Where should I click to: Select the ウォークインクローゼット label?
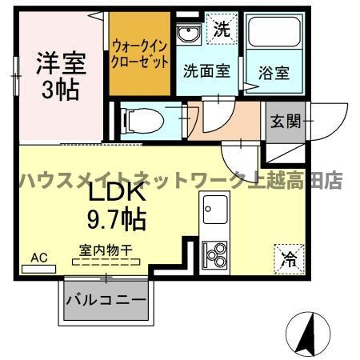140,53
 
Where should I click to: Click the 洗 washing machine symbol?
222,30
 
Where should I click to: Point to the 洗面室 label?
206,70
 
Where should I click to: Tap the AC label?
40,258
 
